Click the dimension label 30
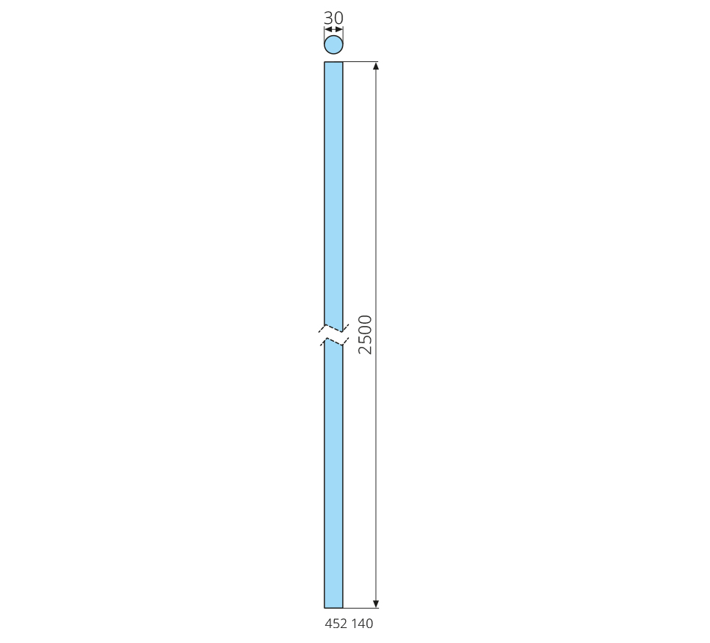tap(334, 18)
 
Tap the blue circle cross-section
tap(334, 45)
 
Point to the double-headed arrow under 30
tap(334, 29)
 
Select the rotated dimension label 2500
tap(365, 334)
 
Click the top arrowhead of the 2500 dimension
tap(375, 66)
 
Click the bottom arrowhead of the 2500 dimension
tap(375, 603)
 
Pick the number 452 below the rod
tap(336, 624)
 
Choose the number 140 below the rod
tap(362, 624)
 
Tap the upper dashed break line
tap(334, 328)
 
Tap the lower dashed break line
tap(334, 341)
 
